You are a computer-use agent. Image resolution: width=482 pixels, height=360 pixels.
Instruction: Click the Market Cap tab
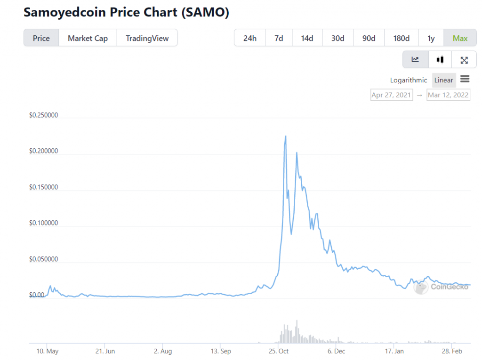click(88, 38)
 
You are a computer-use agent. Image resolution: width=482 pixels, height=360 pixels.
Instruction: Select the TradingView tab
click(147, 38)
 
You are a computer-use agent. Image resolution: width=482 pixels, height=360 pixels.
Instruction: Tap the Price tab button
click(41, 38)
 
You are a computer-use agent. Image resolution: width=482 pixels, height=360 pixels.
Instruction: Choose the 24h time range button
click(250, 38)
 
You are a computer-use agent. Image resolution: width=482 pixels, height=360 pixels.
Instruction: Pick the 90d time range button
click(369, 38)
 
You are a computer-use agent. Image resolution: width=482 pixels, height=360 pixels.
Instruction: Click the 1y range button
click(431, 38)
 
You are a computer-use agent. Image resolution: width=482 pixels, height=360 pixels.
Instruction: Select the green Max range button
click(460, 38)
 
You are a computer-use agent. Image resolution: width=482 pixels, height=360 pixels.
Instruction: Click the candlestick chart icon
click(440, 60)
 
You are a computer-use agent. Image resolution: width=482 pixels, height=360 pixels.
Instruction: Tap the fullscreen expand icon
click(464, 60)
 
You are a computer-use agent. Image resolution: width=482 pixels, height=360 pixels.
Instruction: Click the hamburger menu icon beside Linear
click(465, 79)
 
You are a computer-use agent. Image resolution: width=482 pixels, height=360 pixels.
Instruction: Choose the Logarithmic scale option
click(409, 80)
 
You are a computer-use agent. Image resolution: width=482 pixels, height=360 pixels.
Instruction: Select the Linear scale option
click(443, 80)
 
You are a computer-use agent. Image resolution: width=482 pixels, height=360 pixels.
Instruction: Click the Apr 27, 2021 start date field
click(392, 95)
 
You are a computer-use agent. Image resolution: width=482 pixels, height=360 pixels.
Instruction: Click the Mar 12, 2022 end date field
click(448, 95)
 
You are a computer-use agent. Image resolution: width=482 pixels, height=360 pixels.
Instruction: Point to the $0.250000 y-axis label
click(43, 115)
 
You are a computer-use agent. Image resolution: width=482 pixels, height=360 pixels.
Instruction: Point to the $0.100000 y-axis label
click(43, 223)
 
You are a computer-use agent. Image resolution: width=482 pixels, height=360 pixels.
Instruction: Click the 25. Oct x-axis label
click(279, 351)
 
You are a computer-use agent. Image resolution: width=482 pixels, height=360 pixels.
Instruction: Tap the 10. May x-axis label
click(47, 351)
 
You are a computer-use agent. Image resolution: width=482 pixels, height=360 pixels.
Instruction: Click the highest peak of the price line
click(286, 136)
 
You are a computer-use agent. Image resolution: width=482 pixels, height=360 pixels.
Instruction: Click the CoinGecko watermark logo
click(441, 287)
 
